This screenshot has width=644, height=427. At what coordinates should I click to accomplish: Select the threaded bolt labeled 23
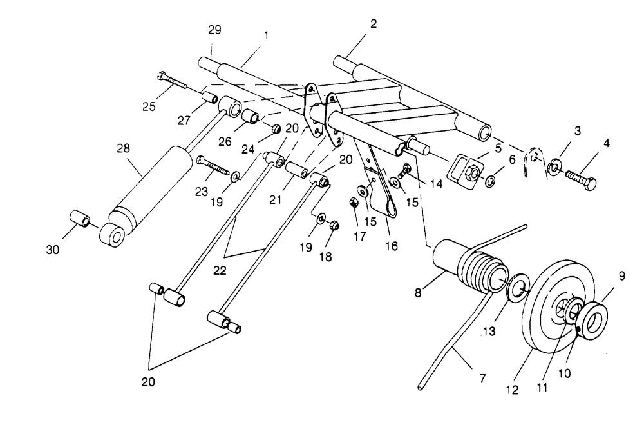(x=212, y=166)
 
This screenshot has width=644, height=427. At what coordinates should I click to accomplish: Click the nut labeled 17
(x=354, y=203)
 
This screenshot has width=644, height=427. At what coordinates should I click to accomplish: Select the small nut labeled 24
(x=276, y=129)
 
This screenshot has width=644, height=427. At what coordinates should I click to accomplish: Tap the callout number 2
(x=373, y=24)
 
